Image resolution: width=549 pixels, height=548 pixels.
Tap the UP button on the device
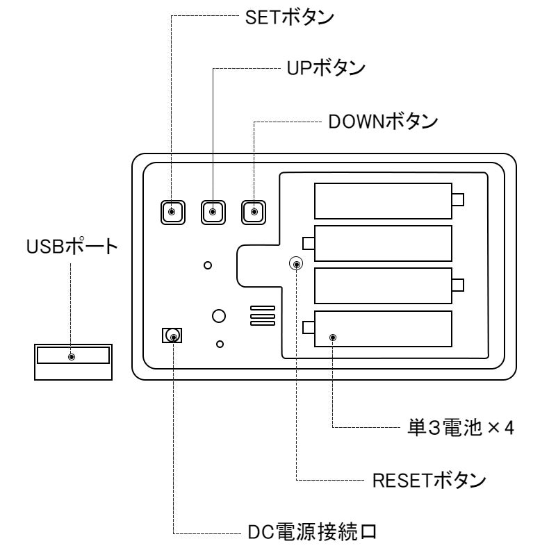(x=213, y=211)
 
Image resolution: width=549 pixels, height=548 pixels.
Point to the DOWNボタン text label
(x=378, y=122)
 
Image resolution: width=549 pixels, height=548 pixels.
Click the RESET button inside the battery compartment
(x=297, y=264)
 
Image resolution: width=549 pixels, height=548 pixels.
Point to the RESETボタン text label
(x=416, y=481)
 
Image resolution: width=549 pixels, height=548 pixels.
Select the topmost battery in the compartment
(x=383, y=201)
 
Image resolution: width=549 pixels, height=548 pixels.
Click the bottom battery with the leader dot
(x=383, y=329)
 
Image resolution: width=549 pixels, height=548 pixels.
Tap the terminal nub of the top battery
(x=457, y=201)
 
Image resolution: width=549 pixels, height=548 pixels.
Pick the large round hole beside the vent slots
(x=219, y=315)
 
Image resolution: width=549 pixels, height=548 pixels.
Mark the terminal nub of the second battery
(x=309, y=243)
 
